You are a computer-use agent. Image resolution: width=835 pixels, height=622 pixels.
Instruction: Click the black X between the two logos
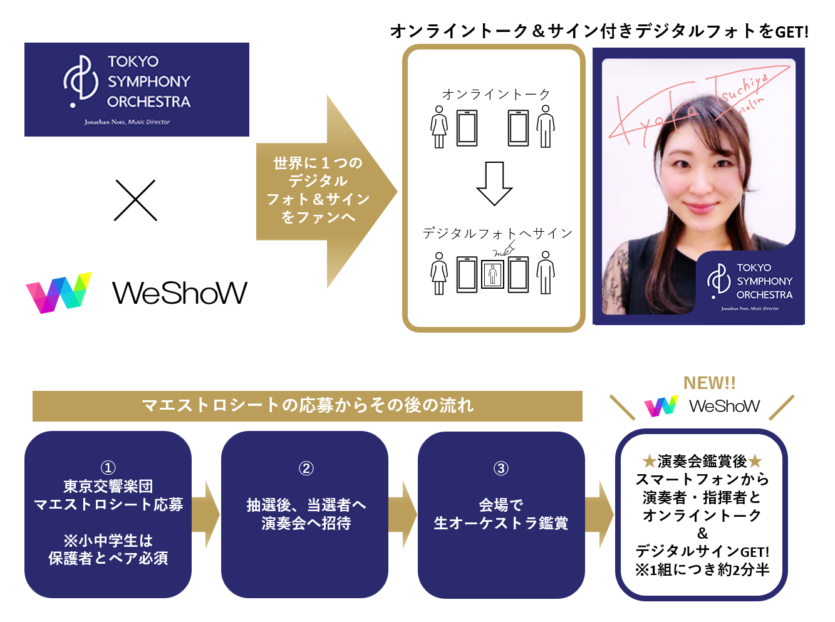point(135,200)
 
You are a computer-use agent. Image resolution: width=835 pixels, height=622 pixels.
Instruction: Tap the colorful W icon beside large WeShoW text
point(59,293)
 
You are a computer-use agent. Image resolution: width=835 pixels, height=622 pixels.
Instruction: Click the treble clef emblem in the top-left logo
point(81,81)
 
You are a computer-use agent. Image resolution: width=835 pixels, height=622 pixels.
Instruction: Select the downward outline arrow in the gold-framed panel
point(494,184)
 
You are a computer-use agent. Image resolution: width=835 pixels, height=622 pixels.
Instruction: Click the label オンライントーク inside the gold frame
point(495,95)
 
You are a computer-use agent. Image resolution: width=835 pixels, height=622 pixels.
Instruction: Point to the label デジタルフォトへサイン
point(497,234)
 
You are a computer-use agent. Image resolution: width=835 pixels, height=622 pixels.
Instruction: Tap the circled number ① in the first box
point(108,468)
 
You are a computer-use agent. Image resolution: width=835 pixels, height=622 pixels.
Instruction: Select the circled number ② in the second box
point(306,468)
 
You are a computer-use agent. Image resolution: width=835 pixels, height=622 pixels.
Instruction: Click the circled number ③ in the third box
point(500,468)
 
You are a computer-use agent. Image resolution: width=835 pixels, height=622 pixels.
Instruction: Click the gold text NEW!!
point(709,383)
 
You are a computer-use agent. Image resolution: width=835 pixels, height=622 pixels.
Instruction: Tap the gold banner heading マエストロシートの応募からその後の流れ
point(308,405)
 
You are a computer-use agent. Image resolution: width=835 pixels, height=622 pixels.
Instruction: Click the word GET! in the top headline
point(792,31)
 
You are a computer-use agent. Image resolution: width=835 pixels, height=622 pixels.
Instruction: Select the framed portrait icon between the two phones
point(493,274)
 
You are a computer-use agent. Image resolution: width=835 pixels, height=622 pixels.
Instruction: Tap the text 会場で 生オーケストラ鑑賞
point(500,514)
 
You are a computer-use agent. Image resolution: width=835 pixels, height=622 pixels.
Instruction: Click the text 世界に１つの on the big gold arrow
point(318,163)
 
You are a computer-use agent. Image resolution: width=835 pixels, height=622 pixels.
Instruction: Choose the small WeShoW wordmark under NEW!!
point(724,406)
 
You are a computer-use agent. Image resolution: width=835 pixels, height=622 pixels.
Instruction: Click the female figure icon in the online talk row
point(439,127)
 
